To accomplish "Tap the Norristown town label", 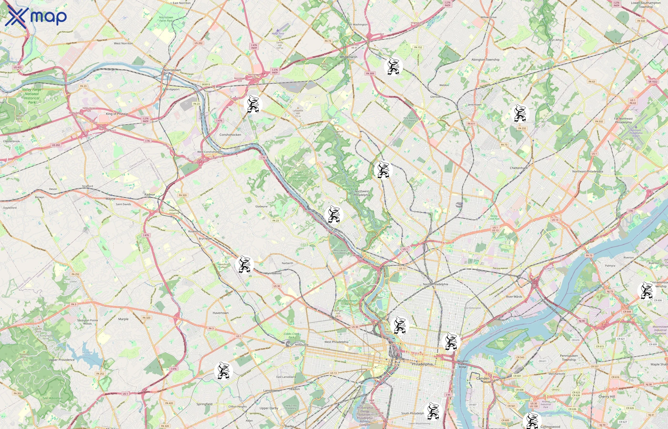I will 172,70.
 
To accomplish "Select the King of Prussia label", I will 116,114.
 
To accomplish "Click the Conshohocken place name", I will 230,135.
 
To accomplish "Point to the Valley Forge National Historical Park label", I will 32,96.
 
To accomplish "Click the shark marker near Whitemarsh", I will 393,66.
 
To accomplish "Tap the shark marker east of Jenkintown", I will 520,113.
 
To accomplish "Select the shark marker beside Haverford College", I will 244,264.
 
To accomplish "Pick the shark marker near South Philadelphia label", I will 433,411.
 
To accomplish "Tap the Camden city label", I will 483,378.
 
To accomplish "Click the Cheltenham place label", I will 519,168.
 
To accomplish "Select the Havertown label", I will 220,313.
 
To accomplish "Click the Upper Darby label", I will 269,408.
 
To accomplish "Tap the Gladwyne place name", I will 261,206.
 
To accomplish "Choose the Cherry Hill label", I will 606,396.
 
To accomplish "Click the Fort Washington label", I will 357,25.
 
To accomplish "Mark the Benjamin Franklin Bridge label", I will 463,364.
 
